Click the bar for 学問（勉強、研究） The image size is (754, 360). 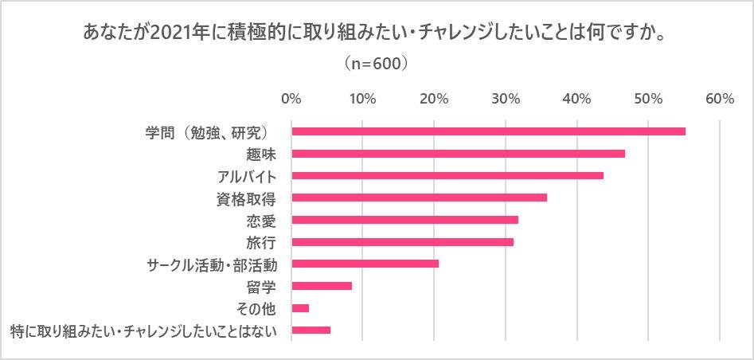(488, 131)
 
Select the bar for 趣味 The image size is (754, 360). (458, 154)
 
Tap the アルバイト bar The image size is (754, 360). (447, 175)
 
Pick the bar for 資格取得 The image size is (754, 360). (419, 198)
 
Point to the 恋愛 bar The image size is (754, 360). (404, 220)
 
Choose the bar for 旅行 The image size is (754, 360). (402, 241)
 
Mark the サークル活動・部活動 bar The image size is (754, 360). (365, 264)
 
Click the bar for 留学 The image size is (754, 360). (322, 286)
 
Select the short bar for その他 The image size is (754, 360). (300, 307)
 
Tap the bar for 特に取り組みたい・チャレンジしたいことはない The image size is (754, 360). (311, 330)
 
